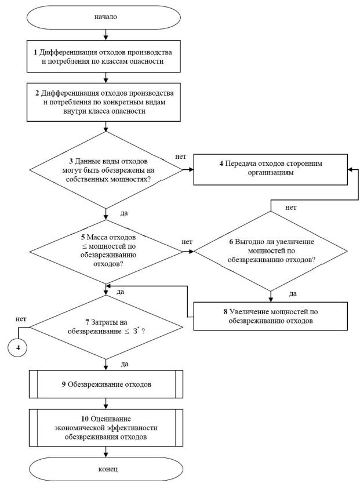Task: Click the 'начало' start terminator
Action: point(104,17)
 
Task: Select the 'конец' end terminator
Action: point(106,469)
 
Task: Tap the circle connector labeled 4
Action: point(18,347)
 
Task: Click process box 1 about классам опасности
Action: point(104,57)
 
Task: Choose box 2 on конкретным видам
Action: point(104,102)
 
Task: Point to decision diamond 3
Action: point(106,170)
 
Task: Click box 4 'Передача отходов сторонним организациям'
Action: point(271,169)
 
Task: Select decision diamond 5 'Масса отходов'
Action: point(106,252)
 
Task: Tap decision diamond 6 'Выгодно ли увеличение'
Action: point(271,251)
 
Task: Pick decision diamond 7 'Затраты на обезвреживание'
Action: point(106,328)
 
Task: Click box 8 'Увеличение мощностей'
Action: point(271,316)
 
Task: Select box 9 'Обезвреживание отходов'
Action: point(106,384)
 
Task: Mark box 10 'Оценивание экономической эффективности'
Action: point(106,428)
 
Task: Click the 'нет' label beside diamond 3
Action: point(180,157)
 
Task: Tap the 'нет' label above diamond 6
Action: point(291,208)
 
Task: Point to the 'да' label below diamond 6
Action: point(293,294)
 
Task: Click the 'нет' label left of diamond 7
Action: point(21,319)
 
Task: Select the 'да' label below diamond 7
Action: point(125,364)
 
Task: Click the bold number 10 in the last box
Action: point(85,419)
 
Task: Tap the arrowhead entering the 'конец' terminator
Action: point(106,455)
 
